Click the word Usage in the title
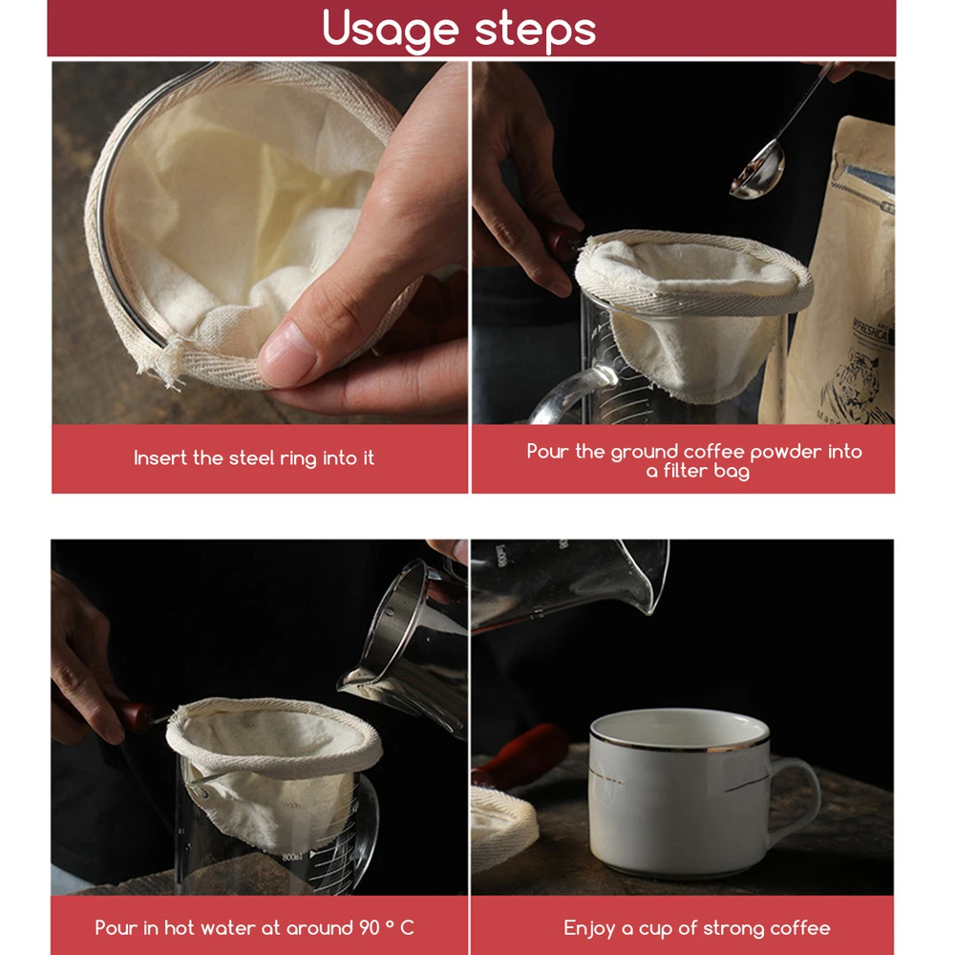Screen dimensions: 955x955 (x=390, y=30)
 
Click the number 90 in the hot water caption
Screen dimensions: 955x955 (x=370, y=927)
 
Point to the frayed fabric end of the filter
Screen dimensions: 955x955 (x=159, y=362)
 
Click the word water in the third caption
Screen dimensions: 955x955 (x=228, y=927)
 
